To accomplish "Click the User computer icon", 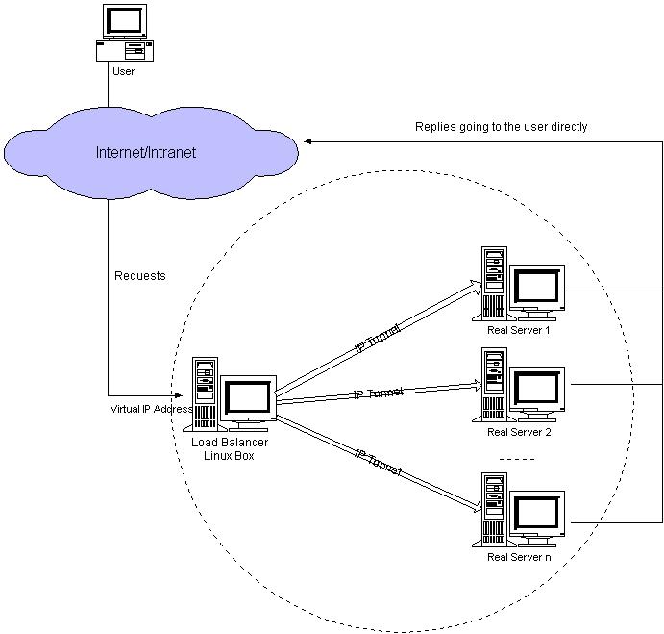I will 123,33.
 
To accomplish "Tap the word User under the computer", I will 123,71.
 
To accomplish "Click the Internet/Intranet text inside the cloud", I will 146,153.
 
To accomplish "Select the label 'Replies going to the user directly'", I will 501,126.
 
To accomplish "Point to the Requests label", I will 140,276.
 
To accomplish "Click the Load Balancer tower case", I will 205,393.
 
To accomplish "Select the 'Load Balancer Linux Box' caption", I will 230,448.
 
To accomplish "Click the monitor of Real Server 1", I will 536,286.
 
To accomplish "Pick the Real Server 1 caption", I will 519,330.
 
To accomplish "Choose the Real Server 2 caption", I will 519,432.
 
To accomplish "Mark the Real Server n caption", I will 519,557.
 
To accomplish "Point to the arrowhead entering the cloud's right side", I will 309,142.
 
